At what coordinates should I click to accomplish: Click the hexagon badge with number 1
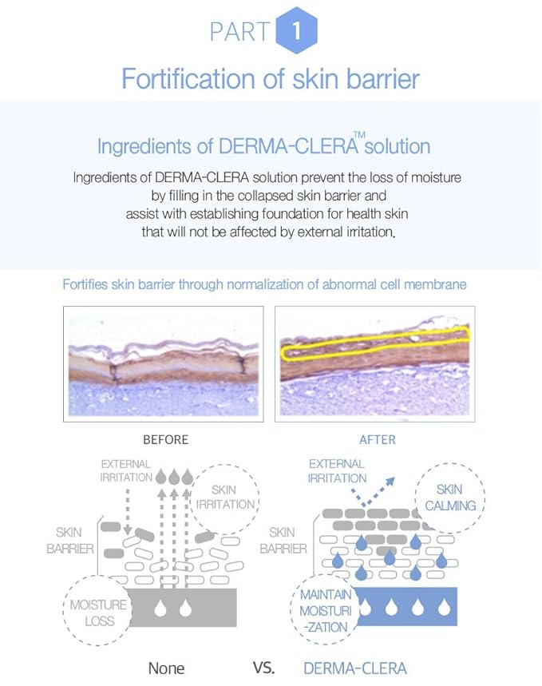tap(297, 30)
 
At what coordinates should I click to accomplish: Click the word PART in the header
tap(239, 32)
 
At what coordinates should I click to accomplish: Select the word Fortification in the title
tap(188, 79)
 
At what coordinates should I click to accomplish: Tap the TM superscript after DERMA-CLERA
tap(359, 135)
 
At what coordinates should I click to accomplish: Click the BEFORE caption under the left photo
tap(166, 440)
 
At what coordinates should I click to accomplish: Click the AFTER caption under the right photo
tap(378, 440)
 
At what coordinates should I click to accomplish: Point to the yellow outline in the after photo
tap(375, 343)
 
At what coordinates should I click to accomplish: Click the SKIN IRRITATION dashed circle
tap(225, 498)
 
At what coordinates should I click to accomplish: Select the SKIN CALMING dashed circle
tap(450, 498)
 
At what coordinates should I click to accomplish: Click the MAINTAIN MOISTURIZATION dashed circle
tap(326, 610)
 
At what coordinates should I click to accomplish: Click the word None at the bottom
tap(166, 668)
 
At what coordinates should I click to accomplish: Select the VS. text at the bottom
tap(263, 668)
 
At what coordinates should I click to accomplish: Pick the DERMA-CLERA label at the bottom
tap(355, 668)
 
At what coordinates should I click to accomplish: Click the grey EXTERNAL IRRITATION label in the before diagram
tap(126, 470)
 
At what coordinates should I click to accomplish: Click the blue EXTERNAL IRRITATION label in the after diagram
tap(338, 470)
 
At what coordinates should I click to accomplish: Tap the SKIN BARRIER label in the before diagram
tap(70, 541)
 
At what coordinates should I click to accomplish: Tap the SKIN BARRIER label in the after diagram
tap(283, 541)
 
